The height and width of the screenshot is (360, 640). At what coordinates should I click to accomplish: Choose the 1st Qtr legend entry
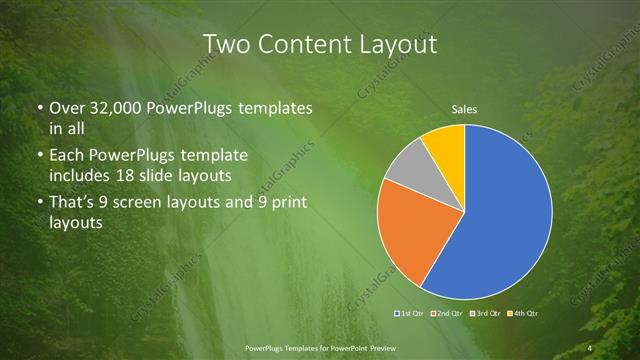click(409, 314)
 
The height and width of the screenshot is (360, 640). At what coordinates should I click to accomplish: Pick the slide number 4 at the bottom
click(591, 347)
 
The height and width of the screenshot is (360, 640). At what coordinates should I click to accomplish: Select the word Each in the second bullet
click(67, 158)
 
